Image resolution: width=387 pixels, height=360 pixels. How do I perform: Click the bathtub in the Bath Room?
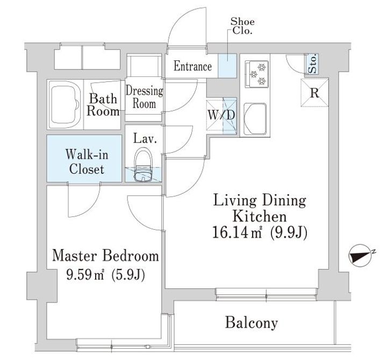click(x=65, y=104)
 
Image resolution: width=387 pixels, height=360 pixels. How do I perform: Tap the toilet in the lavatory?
click(x=144, y=165)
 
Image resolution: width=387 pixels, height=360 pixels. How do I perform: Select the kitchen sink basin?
click(x=255, y=119)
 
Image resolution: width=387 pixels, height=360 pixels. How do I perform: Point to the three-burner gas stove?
click(x=257, y=74)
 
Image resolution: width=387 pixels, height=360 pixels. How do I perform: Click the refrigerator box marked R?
click(x=314, y=93)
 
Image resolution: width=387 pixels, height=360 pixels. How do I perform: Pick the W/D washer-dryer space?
click(x=221, y=116)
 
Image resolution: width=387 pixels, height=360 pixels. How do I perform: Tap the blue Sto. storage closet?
click(x=312, y=63)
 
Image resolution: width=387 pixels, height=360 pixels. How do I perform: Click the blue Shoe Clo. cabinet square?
click(x=227, y=66)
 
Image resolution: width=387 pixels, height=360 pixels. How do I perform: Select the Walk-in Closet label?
click(x=87, y=162)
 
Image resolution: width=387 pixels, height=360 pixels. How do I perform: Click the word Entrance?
click(x=192, y=66)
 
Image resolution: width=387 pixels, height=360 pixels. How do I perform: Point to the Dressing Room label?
click(x=145, y=97)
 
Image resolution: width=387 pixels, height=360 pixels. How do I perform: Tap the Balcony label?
click(x=251, y=323)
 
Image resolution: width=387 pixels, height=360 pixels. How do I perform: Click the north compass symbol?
click(x=361, y=256)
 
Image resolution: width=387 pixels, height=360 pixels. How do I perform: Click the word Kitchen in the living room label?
click(x=260, y=216)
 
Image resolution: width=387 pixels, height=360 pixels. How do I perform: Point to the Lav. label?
click(x=145, y=139)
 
